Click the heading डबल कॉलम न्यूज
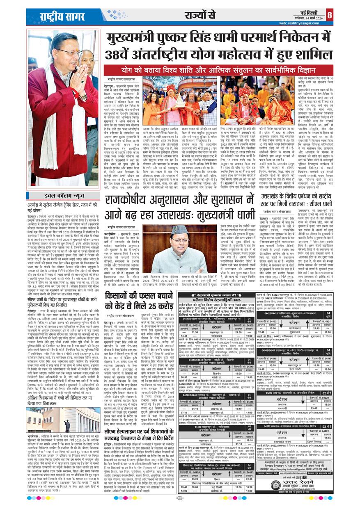coord(62,196)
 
